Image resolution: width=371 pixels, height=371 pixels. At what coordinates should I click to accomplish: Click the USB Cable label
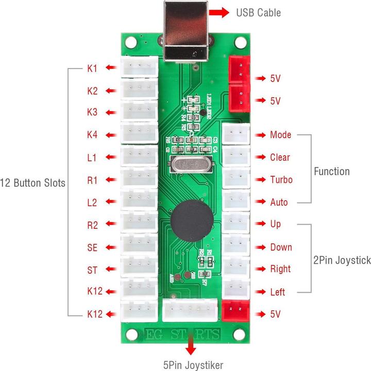click(x=259, y=12)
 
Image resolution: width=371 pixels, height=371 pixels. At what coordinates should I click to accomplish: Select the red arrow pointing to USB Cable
click(x=220, y=12)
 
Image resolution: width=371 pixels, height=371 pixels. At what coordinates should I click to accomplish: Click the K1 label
click(x=92, y=68)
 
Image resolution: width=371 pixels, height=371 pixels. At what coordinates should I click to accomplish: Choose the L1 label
click(x=92, y=158)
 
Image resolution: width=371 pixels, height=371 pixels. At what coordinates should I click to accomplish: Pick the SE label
click(x=92, y=247)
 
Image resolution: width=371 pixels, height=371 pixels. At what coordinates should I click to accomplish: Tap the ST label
click(x=92, y=269)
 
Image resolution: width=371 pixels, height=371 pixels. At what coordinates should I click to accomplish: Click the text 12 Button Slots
click(x=32, y=183)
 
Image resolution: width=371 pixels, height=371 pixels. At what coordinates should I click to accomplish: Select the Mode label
click(x=280, y=135)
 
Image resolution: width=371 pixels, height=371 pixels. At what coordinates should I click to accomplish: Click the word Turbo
click(x=281, y=180)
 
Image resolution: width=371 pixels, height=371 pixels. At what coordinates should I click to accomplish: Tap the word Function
click(x=332, y=172)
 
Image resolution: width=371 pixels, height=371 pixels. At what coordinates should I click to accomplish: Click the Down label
click(x=281, y=247)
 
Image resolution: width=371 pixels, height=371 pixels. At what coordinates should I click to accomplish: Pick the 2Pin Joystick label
click(x=342, y=261)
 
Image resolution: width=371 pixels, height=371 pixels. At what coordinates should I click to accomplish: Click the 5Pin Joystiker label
click(x=193, y=365)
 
